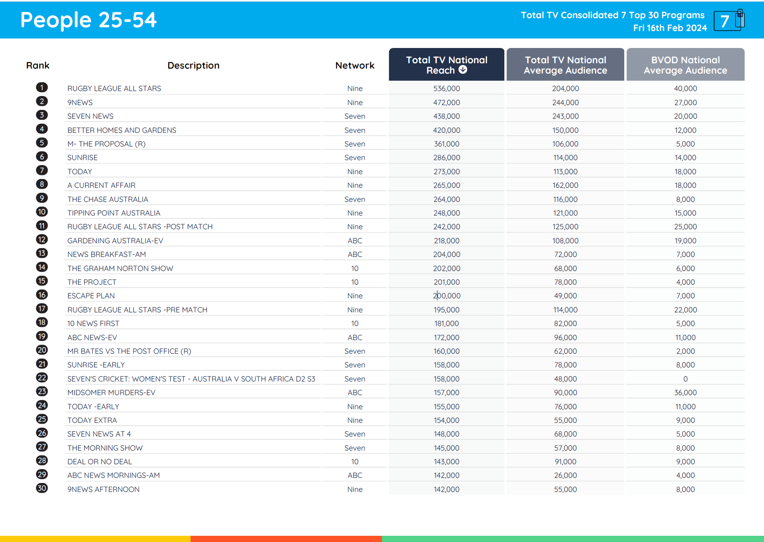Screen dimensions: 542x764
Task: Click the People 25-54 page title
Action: [88, 20]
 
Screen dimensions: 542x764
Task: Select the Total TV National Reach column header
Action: [446, 65]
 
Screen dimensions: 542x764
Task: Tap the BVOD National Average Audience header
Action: [685, 65]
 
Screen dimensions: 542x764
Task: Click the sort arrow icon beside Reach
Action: [463, 70]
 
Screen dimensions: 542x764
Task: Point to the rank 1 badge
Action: [42, 87]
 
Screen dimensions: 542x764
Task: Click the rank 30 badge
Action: [42, 488]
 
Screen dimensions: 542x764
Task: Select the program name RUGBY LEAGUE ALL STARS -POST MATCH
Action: [140, 227]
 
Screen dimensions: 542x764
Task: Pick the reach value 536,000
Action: [446, 89]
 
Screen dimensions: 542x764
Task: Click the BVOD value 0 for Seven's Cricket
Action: [685, 379]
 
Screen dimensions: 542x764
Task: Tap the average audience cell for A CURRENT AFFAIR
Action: [565, 185]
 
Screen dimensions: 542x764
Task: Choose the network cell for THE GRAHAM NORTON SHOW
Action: [355, 269]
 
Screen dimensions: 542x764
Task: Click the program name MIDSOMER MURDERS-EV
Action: [111, 393]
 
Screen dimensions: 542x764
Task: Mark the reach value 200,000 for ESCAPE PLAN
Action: [446, 296]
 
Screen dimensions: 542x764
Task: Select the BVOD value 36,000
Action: [685, 393]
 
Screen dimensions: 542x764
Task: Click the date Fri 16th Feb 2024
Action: [670, 28]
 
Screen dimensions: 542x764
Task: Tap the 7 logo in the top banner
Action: [728, 21]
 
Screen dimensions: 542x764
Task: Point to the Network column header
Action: [355, 65]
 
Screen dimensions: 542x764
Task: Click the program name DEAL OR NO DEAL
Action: [100, 462]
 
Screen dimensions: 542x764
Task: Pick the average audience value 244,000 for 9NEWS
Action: [565, 103]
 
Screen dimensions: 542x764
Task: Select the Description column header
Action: [193, 65]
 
